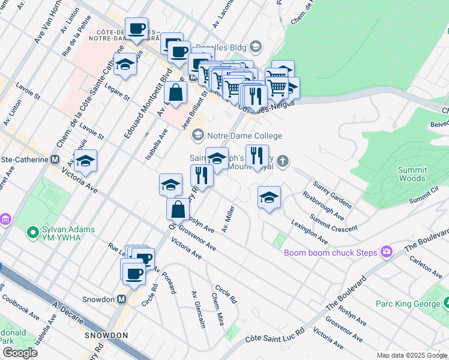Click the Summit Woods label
412,174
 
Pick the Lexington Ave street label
309,232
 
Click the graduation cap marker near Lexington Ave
269,197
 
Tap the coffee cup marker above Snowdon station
134,274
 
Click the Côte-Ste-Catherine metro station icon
55,160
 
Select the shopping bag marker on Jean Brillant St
175,93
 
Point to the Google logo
20,353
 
